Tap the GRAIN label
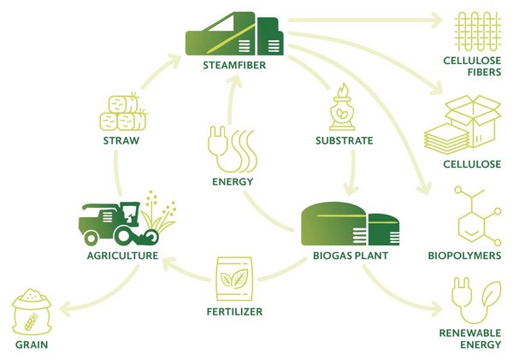point(31,345)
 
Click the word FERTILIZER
point(232,312)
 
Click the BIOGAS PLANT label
point(348,255)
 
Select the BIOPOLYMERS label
point(464,255)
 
